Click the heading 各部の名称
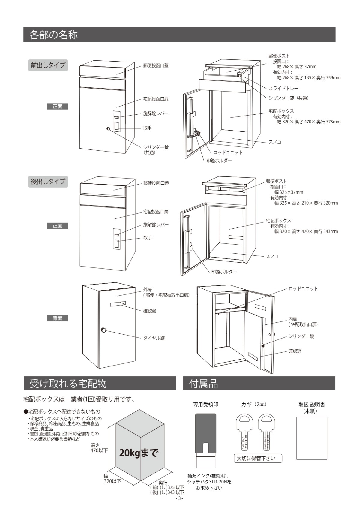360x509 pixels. pyautogui.click(x=54, y=35)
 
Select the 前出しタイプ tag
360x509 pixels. pyautogui.click(x=48, y=65)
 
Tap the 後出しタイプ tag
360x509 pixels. pyautogui.click(x=48, y=182)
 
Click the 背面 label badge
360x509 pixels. pyautogui.click(x=58, y=318)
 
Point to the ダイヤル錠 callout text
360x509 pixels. pyautogui.click(x=154, y=338)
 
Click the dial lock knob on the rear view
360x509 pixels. pyautogui.click(x=103, y=330)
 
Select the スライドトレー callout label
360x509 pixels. pyautogui.click(x=283, y=89)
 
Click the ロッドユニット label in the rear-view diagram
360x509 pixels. pyautogui.click(x=303, y=289)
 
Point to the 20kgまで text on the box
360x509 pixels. pyautogui.click(x=139, y=453)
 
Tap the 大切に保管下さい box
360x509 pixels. pyautogui.click(x=258, y=458)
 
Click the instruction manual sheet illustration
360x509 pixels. pyautogui.click(x=312, y=438)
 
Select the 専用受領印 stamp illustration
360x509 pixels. pyautogui.click(x=205, y=440)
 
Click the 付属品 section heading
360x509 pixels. pyautogui.click(x=203, y=384)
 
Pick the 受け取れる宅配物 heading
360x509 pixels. pyautogui.click(x=68, y=384)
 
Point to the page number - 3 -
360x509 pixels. pyautogui.click(x=179, y=498)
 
